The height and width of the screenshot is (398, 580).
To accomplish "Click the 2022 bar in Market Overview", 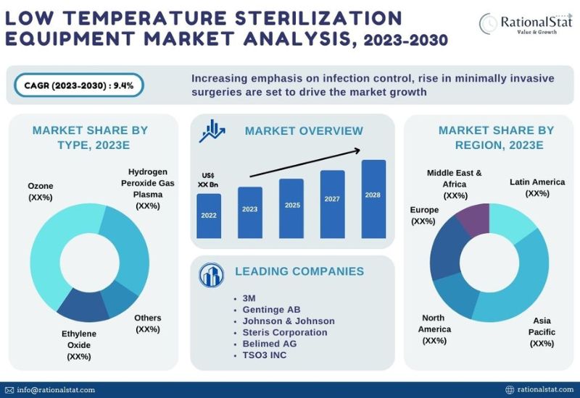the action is [x=209, y=216].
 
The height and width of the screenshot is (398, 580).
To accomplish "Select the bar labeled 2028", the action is [x=373, y=199].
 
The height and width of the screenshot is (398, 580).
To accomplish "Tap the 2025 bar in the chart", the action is [x=291, y=208].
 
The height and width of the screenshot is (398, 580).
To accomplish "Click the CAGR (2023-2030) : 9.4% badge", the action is [x=79, y=85].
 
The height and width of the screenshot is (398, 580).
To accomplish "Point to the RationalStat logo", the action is [x=526, y=24].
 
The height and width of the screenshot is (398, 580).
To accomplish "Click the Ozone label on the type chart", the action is [x=41, y=192].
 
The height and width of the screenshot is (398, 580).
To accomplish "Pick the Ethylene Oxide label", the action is [x=79, y=345].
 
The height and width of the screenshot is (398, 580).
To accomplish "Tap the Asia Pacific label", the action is [x=542, y=332].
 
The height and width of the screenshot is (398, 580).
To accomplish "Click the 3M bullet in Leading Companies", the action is [x=249, y=298].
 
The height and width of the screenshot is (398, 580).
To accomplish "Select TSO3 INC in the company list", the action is [x=265, y=355].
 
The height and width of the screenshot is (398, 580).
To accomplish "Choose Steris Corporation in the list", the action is [x=285, y=332].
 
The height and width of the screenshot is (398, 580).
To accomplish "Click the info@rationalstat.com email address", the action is [x=56, y=390].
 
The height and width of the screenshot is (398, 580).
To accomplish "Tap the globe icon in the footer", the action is [x=510, y=390].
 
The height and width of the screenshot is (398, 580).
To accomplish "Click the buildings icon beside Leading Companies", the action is [x=211, y=275].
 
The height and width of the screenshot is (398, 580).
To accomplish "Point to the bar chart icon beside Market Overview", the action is [x=212, y=131].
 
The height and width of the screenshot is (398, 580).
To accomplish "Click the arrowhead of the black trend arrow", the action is [x=357, y=151].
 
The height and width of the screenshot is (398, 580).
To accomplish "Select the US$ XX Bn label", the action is [x=208, y=179].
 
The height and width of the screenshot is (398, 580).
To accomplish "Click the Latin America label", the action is [x=537, y=187].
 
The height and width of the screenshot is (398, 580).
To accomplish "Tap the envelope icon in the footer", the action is [x=9, y=390].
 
